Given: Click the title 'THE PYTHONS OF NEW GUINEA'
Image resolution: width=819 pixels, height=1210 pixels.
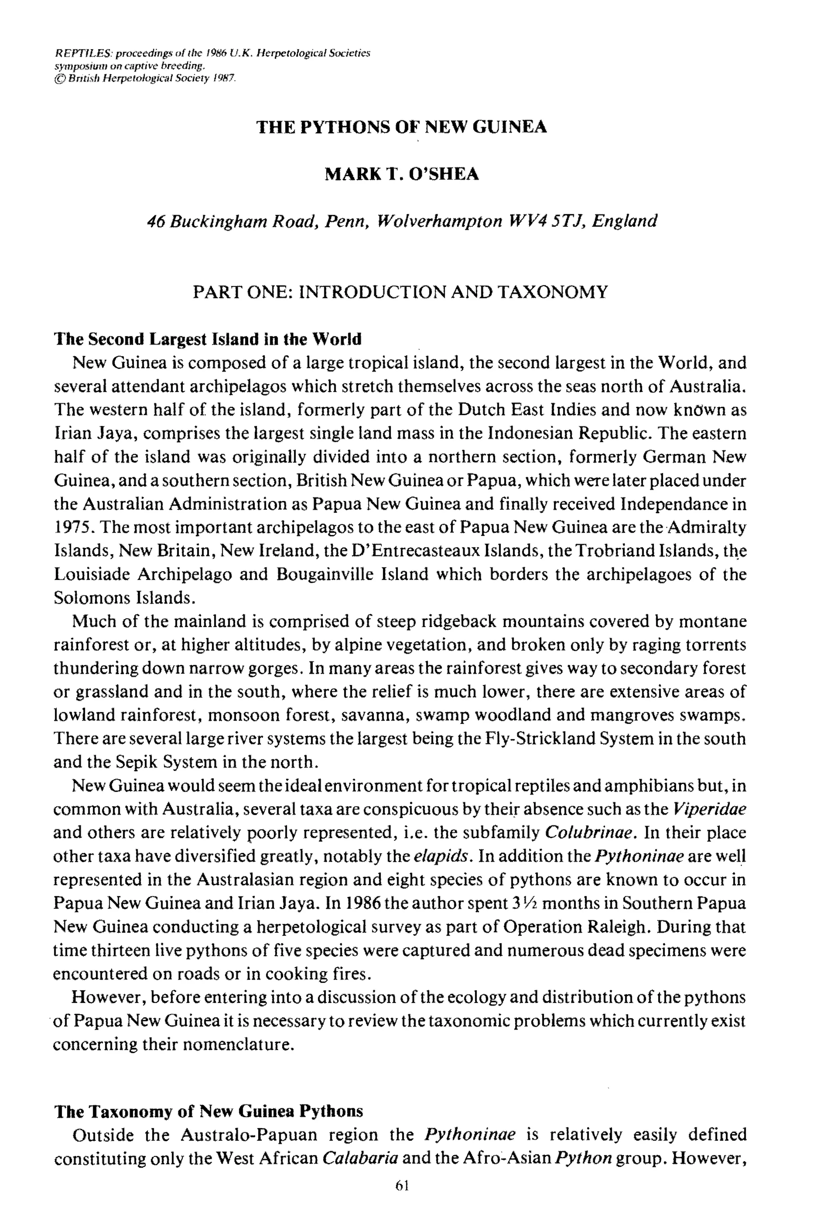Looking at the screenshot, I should click(402, 127).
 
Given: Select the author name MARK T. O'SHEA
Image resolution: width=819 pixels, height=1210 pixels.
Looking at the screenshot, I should click(402, 174).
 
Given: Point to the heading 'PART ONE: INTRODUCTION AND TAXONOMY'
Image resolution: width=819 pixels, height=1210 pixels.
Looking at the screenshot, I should click(400, 292).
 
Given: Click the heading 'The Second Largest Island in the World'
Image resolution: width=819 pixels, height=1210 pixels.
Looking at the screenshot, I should click(208, 339).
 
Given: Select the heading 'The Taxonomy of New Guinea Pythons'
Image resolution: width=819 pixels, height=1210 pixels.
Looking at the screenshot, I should click(209, 1110).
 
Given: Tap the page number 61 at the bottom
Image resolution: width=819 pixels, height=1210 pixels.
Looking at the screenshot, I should click(402, 1185).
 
